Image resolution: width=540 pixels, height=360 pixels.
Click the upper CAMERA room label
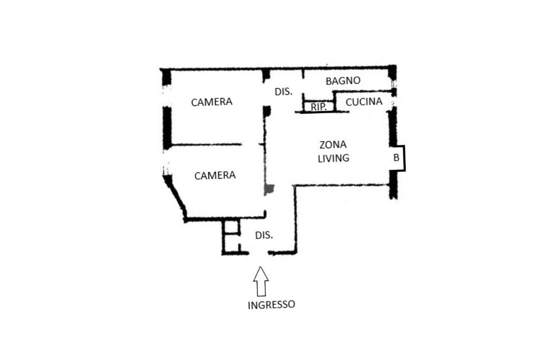pos(211,102)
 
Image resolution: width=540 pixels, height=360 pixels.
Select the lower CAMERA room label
pos(215,175)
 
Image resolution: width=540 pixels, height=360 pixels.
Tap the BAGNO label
pos(343,81)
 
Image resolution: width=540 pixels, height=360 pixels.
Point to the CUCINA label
pos(364,102)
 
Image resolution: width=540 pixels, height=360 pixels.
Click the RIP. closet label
pos(319,106)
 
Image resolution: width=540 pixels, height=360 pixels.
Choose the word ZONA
pos(333,144)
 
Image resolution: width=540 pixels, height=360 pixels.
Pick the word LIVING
pos(333,158)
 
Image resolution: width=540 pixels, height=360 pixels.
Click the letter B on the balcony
pos(396,157)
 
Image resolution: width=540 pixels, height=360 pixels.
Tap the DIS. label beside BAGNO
pos(283,91)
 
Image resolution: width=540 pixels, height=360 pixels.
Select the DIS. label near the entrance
pos(264,235)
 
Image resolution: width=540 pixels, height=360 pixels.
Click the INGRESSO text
pos(272,304)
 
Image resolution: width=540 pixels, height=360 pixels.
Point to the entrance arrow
pos(261,281)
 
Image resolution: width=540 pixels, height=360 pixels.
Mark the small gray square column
pos(269,189)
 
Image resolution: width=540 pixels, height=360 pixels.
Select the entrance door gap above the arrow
pos(258,254)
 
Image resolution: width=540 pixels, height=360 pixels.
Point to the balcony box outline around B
pos(404,158)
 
